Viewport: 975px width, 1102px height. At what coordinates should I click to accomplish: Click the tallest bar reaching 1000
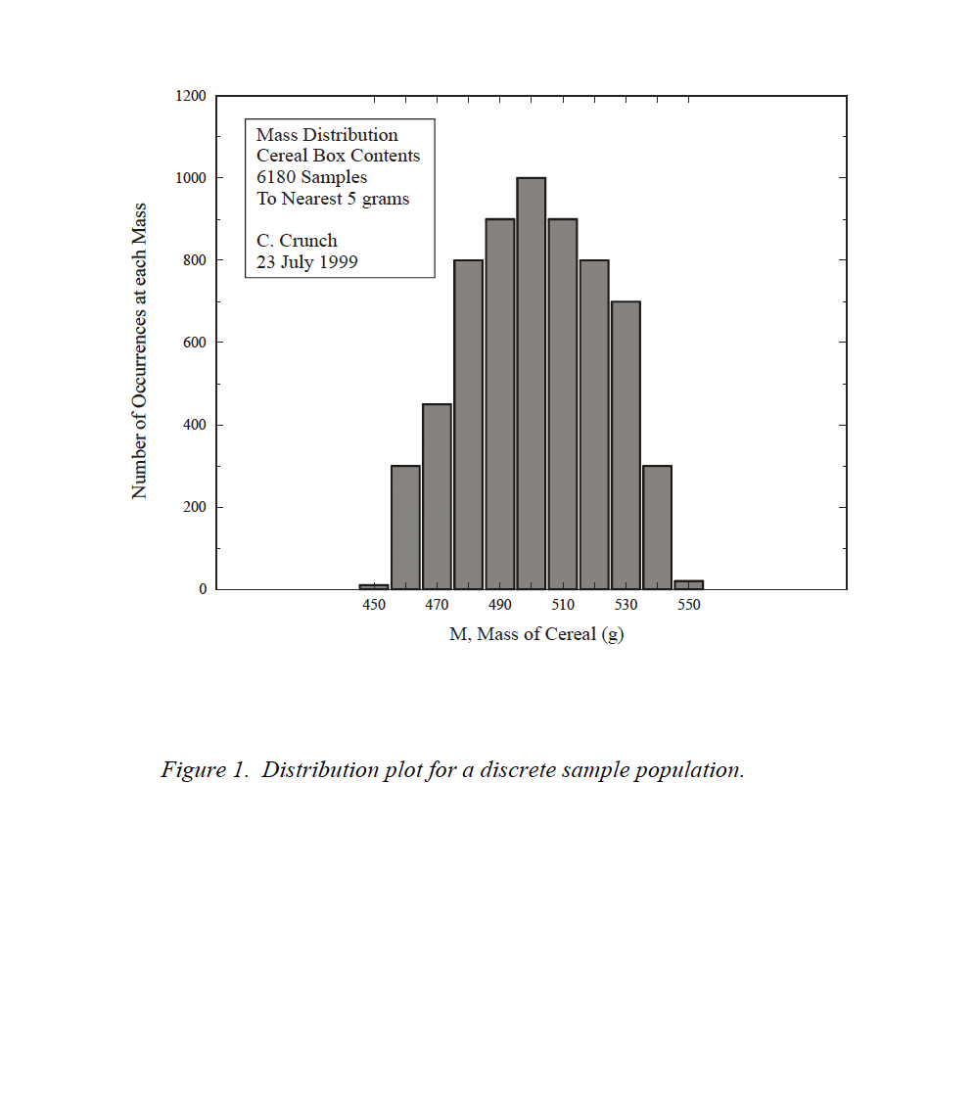[531, 383]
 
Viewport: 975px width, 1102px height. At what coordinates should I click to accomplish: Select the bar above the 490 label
[500, 403]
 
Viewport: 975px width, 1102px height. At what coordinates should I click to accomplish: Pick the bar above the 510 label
[562, 403]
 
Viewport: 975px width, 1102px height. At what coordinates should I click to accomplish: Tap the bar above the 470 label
[437, 496]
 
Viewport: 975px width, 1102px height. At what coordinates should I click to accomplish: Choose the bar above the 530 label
[626, 445]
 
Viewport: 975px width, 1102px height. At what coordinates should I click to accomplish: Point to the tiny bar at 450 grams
[374, 587]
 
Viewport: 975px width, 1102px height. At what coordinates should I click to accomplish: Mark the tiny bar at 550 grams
[689, 584]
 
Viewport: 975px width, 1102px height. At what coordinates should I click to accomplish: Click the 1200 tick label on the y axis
[191, 96]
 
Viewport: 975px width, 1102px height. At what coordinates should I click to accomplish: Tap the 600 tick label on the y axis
[194, 343]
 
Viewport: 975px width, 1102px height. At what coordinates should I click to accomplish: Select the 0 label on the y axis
[203, 589]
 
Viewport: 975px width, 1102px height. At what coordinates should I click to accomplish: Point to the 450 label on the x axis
[374, 605]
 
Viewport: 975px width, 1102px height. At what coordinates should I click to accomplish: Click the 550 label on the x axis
[689, 605]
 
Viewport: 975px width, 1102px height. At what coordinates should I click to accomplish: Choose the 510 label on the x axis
[562, 605]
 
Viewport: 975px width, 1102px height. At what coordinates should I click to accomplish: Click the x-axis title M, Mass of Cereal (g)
[536, 634]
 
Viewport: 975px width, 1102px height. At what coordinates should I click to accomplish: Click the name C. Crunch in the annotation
[297, 241]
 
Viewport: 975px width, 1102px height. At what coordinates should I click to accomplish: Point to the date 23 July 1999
[307, 262]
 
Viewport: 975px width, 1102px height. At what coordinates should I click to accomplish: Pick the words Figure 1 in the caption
[205, 769]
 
